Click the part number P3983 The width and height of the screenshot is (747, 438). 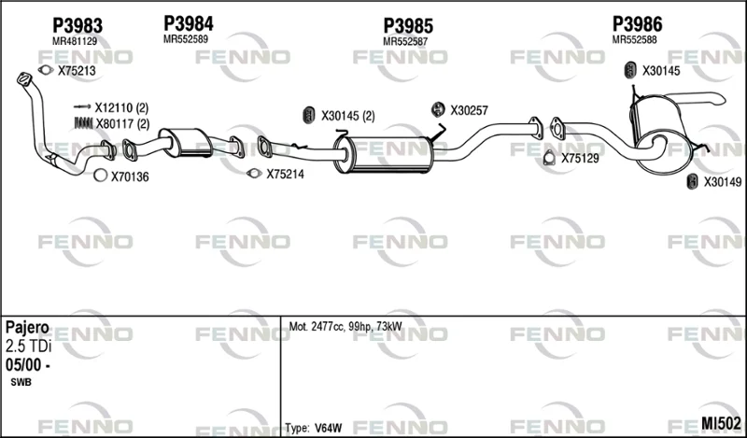[78, 26]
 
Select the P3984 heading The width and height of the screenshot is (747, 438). [189, 23]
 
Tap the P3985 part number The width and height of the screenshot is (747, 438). [408, 26]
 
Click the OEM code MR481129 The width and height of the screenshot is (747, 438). [75, 41]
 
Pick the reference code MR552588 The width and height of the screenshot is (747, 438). [634, 39]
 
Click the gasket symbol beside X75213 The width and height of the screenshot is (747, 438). [46, 70]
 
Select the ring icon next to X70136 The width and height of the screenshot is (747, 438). [100, 176]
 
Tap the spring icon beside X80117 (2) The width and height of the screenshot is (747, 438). [83, 123]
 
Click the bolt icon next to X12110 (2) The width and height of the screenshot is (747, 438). [82, 106]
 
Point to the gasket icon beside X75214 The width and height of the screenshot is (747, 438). [254, 174]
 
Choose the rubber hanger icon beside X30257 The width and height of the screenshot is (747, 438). [438, 109]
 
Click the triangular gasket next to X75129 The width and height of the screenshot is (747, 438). [549, 157]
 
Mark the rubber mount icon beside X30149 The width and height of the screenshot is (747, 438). [692, 181]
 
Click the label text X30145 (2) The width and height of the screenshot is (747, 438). [347, 116]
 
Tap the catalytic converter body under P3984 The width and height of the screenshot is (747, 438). [187, 142]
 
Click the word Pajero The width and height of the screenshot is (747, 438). [27, 328]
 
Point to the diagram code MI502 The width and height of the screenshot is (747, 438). [721, 423]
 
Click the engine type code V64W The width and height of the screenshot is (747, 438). [329, 428]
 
